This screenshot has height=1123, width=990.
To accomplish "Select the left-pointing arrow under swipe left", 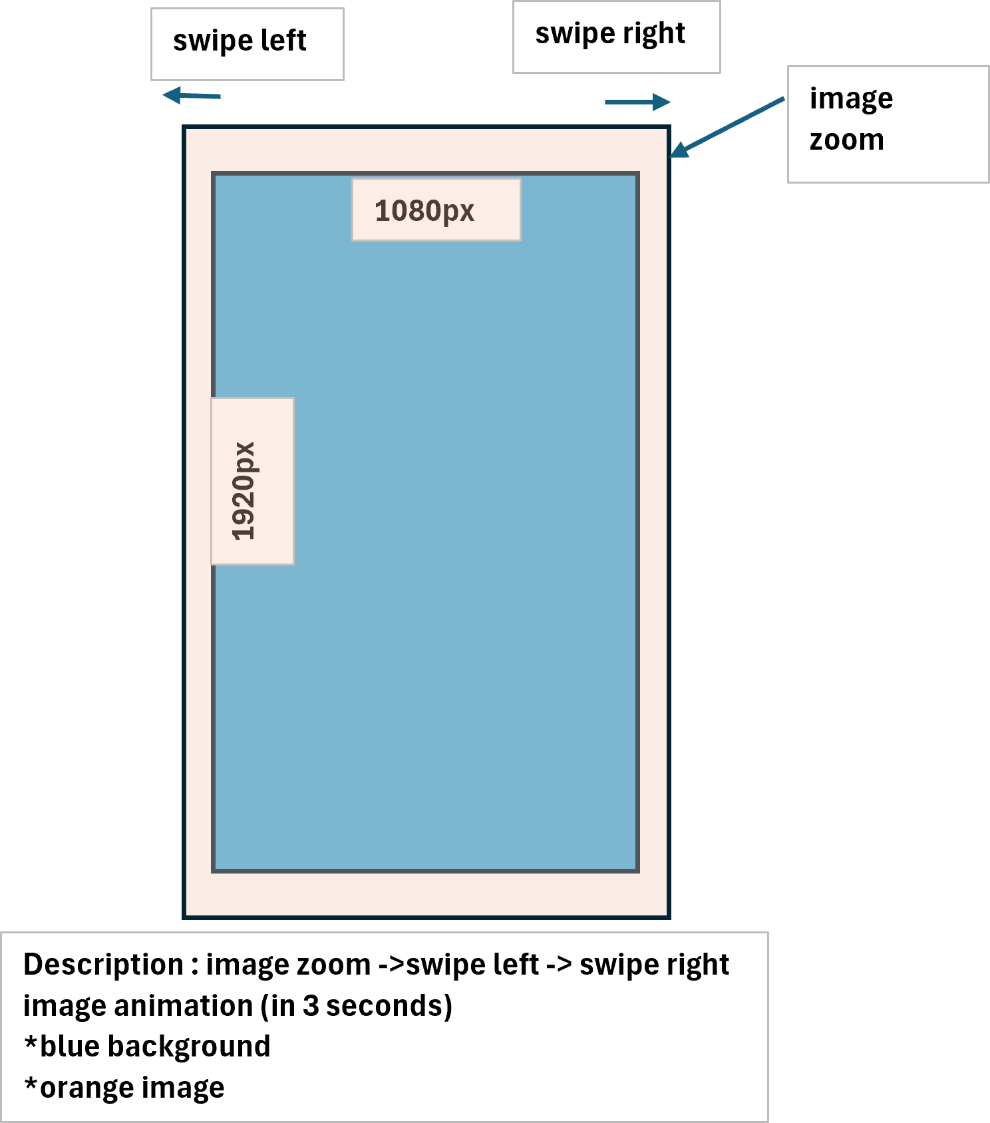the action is [191, 96].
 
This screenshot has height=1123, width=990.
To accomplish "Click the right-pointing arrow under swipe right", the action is [637, 102].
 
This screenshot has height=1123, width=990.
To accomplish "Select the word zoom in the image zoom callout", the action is [846, 140].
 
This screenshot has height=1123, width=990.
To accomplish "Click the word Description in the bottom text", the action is [103, 965].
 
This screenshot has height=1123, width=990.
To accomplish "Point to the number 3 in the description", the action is [310, 1006].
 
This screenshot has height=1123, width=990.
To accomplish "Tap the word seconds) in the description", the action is [389, 1006].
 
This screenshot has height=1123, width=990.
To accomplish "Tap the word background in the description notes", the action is [189, 1047].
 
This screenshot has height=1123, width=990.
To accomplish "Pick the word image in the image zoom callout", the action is [851, 99].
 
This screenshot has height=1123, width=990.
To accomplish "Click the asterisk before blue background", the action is [31, 1043].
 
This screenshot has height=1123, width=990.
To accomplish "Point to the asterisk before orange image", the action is [31, 1084].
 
